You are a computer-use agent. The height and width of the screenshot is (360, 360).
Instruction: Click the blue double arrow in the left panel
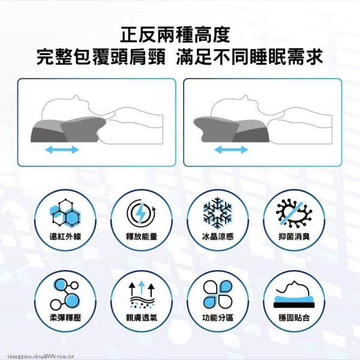click(62, 148)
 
